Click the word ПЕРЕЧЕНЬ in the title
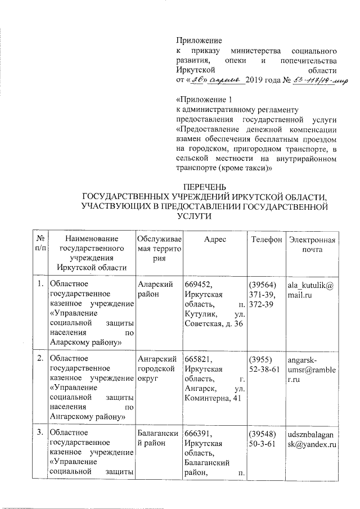coord(204,187)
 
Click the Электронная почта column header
coord(312,245)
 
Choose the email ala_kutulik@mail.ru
coord(312,290)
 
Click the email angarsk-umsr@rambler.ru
coord(312,365)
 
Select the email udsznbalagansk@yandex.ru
coord(312,440)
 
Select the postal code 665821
coord(197,360)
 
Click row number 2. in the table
coord(40,360)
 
